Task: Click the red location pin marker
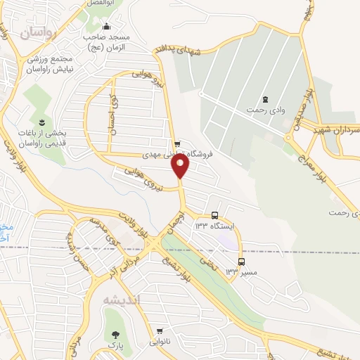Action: pyautogui.click(x=181, y=166)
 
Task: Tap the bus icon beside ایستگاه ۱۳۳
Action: pyautogui.click(x=214, y=216)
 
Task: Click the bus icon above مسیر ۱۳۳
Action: pyautogui.click(x=241, y=262)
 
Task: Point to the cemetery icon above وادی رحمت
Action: pyautogui.click(x=264, y=99)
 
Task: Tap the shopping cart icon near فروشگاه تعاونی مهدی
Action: pyautogui.click(x=186, y=143)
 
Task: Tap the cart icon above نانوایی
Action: pyautogui.click(x=160, y=331)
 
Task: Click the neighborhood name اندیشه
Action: pyautogui.click(x=122, y=300)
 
